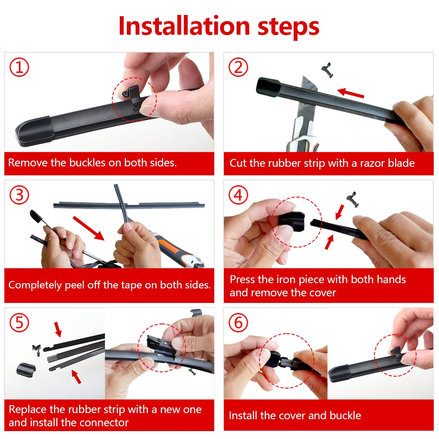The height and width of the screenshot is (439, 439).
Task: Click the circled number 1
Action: point(19,67)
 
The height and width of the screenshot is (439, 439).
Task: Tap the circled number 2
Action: point(238,67)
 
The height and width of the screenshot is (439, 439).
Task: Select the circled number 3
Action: point(19,195)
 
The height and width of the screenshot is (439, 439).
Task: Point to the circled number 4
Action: point(238,195)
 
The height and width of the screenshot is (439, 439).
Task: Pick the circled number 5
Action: point(19,323)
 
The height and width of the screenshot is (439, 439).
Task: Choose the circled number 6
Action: point(238,323)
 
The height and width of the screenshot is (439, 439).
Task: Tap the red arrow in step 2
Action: point(350,93)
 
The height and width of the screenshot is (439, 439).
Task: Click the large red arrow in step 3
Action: point(89,228)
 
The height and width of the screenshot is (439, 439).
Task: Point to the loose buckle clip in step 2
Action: point(327,70)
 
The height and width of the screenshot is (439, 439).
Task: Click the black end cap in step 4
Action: point(291,221)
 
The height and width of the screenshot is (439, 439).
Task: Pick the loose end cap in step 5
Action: point(26,369)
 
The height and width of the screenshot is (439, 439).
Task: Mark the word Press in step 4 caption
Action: point(242,279)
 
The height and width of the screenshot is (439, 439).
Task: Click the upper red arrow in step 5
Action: point(58,329)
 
